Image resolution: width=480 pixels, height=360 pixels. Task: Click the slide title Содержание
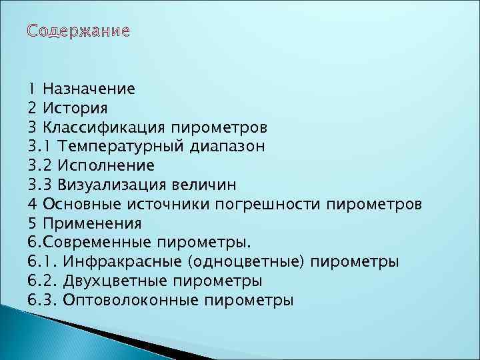[79, 32]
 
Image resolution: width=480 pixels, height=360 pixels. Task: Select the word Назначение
[89, 88]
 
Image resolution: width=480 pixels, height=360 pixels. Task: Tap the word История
[74, 107]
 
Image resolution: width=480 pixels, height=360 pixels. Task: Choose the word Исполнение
[106, 165]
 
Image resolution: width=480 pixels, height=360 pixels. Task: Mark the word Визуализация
[113, 184]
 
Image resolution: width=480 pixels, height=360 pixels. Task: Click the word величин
[205, 184]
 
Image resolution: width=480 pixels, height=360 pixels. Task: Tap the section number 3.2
[39, 165]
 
